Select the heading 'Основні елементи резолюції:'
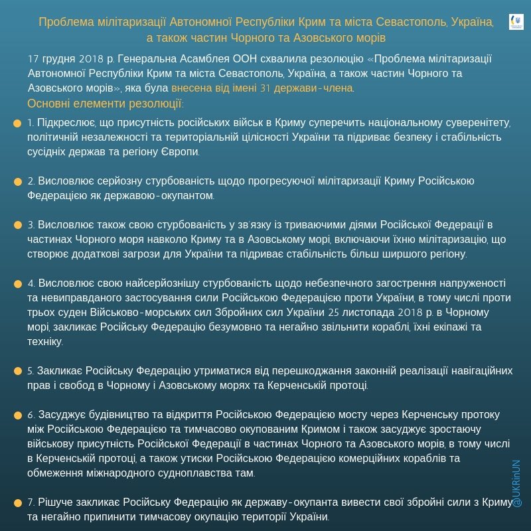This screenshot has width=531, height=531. pos(106,104)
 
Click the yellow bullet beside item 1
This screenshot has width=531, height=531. pos(17,123)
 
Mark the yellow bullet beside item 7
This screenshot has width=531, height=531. pos(17,502)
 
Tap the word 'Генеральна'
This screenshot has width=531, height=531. pos(171,58)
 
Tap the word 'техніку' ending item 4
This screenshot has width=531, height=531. pos(45,342)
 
